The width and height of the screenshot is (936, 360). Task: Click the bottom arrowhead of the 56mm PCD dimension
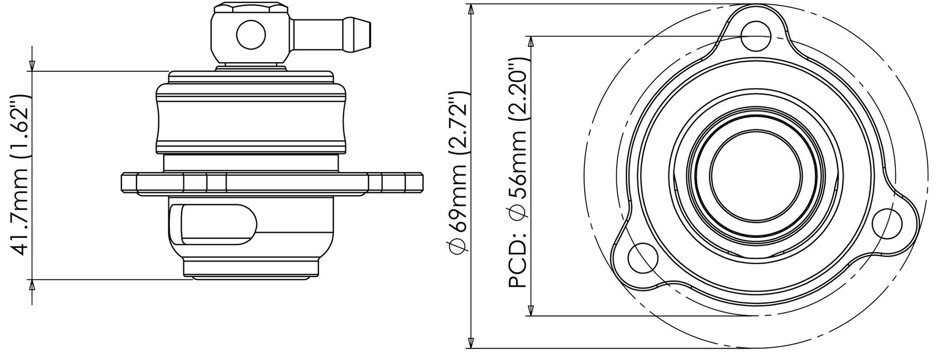(530, 310)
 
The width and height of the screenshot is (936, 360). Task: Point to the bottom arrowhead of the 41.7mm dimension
(32, 285)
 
